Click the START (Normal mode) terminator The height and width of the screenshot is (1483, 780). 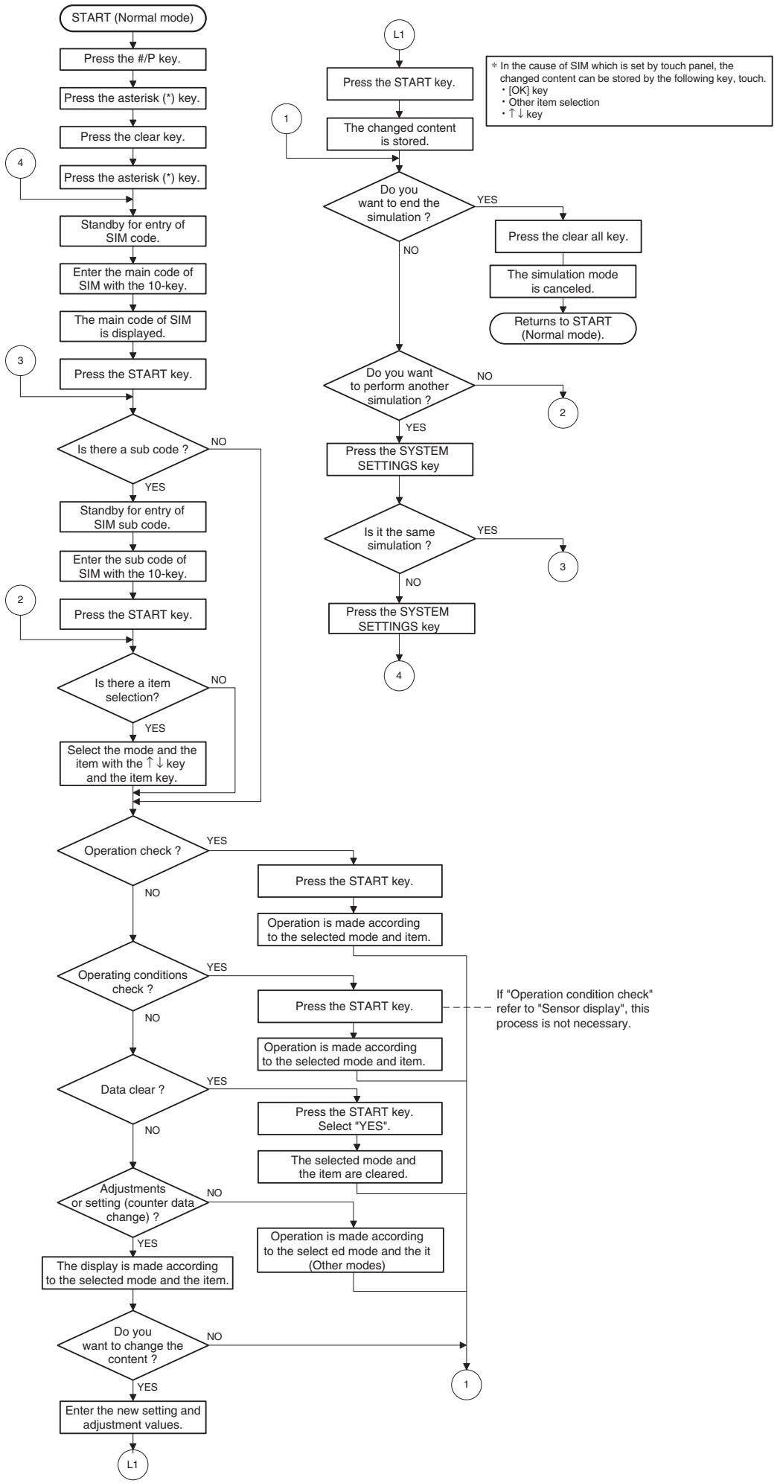132,19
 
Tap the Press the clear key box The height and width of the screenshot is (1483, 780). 132,138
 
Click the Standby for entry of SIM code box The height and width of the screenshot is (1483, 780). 132,229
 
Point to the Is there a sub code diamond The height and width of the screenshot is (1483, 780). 132,449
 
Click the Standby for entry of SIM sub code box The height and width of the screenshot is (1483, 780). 132,516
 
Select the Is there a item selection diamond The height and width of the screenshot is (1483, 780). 132,686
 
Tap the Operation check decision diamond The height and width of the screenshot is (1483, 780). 132,849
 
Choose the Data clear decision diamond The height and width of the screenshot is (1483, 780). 132,1089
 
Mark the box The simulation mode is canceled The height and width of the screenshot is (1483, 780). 563,280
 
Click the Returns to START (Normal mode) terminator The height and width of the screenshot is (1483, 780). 563,328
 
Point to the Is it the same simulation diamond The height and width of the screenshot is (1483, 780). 400,538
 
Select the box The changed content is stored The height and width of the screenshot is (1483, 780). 400,134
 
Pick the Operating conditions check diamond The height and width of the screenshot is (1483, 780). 132,982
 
